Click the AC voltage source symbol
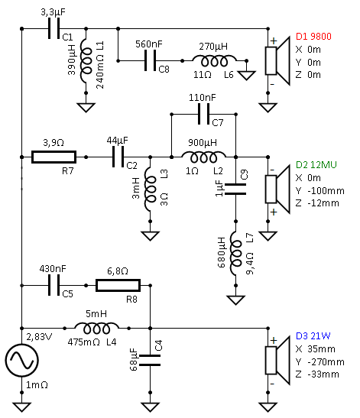[22, 361]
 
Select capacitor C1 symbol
[54, 28]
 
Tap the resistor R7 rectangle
[54, 157]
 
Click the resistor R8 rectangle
[118, 285]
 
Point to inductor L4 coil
[96, 328]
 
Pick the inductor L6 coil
[214, 61]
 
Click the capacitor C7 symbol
[204, 114]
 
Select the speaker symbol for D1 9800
[277, 61]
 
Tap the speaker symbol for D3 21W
[277, 361]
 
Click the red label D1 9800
[313, 37]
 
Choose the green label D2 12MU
[316, 165]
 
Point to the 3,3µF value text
[53, 12]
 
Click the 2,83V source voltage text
[39, 337]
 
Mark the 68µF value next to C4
[133, 360]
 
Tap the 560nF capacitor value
[149, 44]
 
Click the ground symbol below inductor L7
[235, 300]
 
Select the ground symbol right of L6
[246, 75]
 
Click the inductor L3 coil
[150, 190]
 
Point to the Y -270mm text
[320, 361]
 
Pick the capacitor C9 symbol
[235, 190]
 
